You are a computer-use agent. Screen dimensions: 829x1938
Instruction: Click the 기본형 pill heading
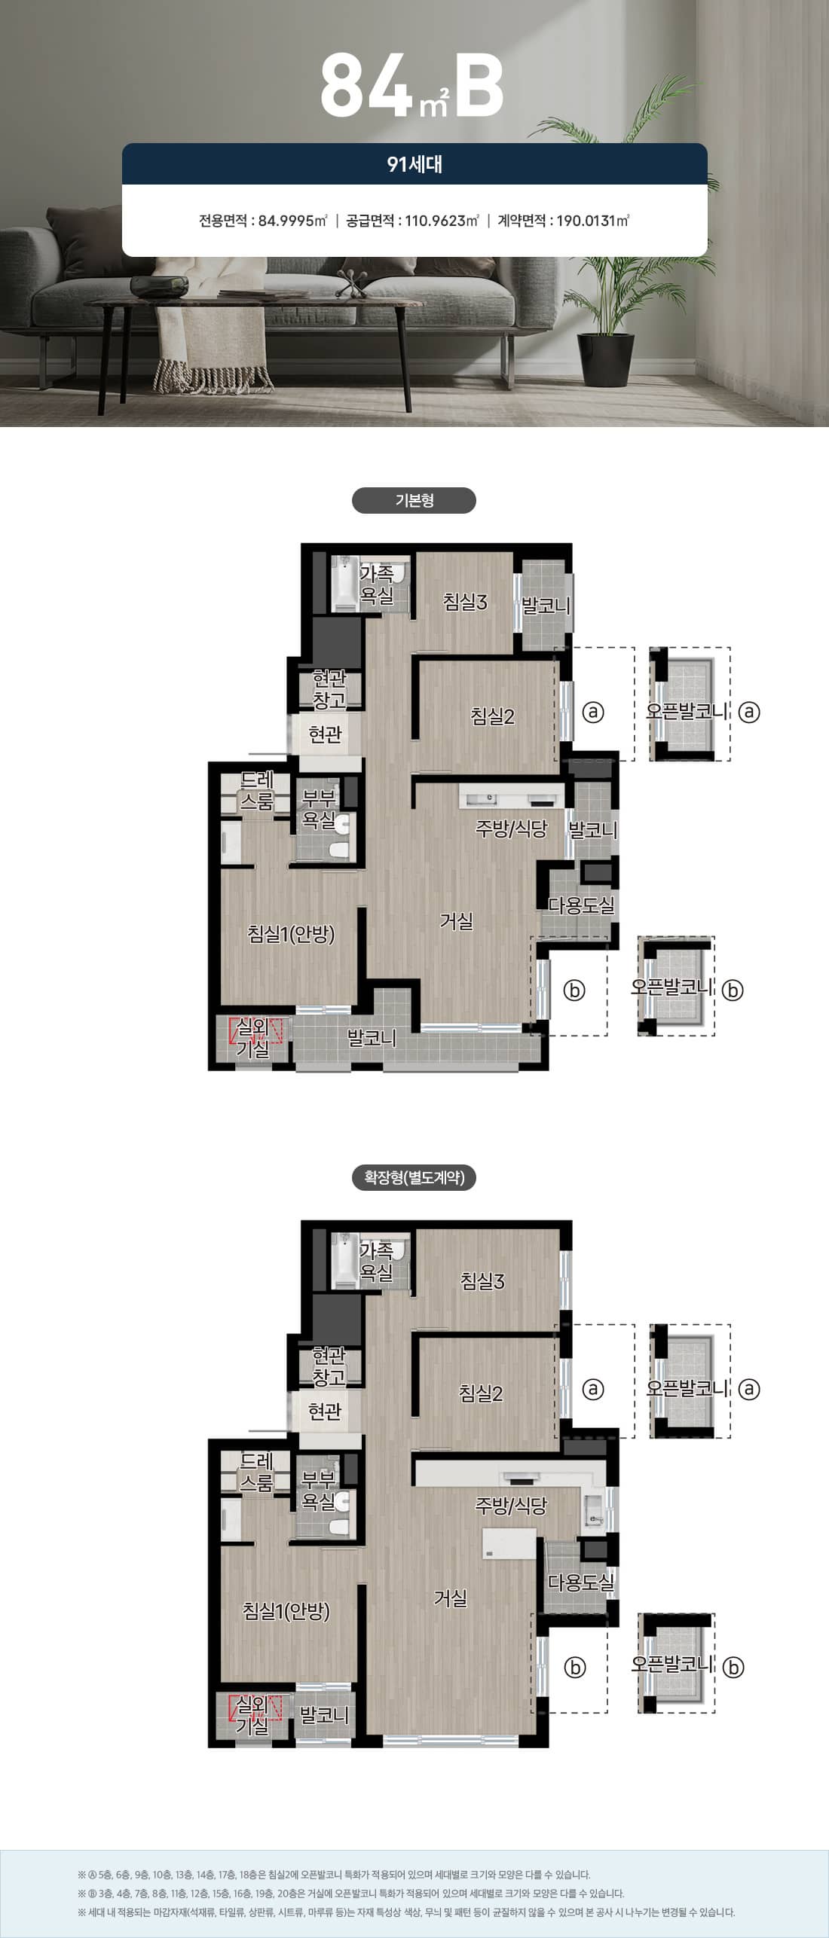coord(414,501)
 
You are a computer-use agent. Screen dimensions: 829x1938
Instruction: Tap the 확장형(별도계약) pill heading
coord(414,1177)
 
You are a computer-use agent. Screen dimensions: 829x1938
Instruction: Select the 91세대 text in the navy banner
coord(414,164)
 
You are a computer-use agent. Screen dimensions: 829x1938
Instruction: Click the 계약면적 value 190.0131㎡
coord(593,221)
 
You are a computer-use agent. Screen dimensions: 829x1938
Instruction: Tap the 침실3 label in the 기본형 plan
coord(465,602)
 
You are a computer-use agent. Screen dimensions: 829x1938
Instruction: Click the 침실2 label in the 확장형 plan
coord(481,1393)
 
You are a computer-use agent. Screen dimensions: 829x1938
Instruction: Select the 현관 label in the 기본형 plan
coord(325,734)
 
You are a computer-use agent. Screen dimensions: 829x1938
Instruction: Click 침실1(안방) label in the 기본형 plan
coord(291,934)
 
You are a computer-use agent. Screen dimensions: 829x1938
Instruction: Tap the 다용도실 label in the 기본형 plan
coord(581,905)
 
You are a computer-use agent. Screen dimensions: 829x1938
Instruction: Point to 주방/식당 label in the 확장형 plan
coord(511,1506)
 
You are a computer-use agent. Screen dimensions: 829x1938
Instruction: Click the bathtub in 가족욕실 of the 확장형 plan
coord(345,1259)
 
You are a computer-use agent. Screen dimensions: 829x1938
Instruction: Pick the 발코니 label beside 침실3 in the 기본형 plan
coord(546,606)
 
